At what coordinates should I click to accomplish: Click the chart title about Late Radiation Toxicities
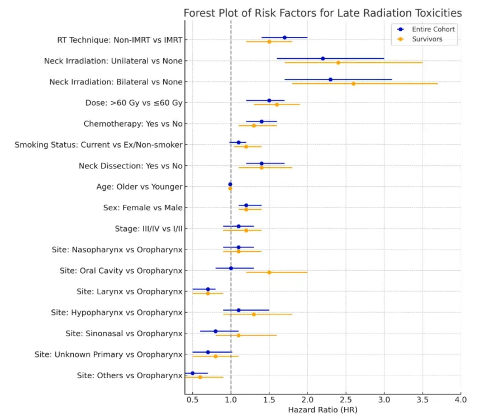(323, 13)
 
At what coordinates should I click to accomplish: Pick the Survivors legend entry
(428, 39)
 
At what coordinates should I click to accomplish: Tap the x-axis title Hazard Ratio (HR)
(322, 410)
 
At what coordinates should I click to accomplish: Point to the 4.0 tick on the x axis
(460, 400)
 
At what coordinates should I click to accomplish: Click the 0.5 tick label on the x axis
(193, 400)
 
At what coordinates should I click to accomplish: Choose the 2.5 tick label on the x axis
(346, 400)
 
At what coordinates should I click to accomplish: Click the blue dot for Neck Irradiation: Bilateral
(330, 79)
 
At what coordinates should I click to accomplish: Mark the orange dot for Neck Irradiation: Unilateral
(338, 63)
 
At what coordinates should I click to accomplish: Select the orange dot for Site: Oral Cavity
(269, 273)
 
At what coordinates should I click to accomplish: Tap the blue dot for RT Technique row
(284, 37)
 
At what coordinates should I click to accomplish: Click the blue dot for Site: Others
(193, 373)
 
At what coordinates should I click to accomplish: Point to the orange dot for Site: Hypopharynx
(254, 314)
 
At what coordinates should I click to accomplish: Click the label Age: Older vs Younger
(139, 187)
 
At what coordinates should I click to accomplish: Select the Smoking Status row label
(98, 145)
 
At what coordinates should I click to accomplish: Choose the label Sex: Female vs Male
(143, 208)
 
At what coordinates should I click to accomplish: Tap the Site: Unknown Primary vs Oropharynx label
(108, 355)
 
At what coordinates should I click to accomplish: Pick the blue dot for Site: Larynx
(208, 289)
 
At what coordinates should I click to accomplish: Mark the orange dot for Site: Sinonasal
(239, 335)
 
